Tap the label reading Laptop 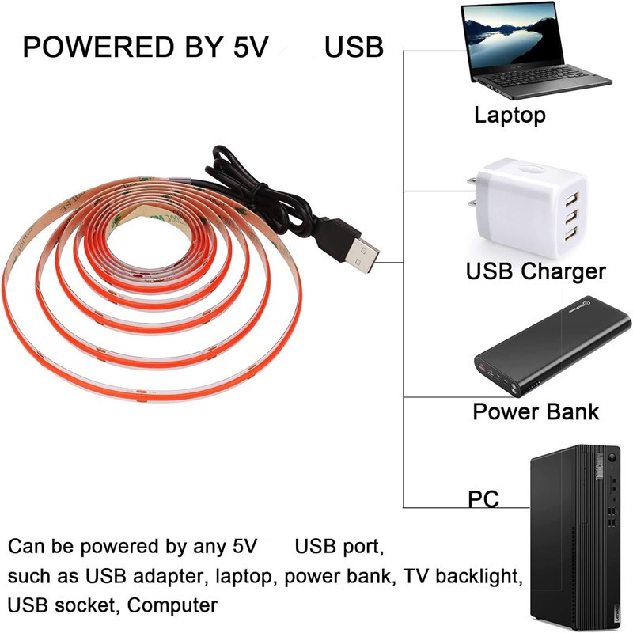[510, 115]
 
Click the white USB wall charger [522, 205]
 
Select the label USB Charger [536, 271]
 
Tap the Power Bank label [536, 411]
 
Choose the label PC [483, 499]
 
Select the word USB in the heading [354, 47]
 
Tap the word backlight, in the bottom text [483, 576]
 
